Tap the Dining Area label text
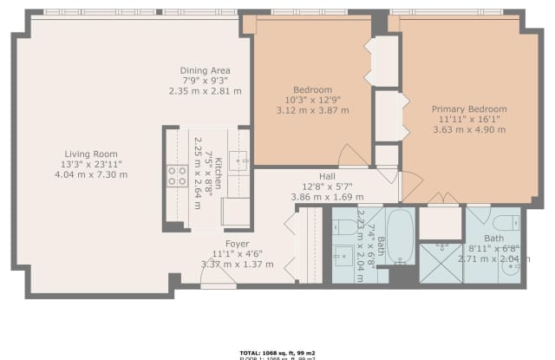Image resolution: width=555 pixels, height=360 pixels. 205,70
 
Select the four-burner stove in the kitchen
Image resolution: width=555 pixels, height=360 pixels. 177,176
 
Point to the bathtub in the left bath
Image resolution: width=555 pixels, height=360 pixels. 400,235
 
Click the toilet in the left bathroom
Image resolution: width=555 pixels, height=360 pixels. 346,227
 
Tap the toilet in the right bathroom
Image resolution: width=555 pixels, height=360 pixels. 506,222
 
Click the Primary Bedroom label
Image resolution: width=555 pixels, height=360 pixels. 468,109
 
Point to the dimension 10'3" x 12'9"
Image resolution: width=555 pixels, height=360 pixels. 312,100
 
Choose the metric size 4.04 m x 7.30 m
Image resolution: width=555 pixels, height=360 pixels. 91,174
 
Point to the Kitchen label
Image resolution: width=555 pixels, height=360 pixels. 219,173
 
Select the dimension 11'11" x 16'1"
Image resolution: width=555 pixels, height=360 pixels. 468,120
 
